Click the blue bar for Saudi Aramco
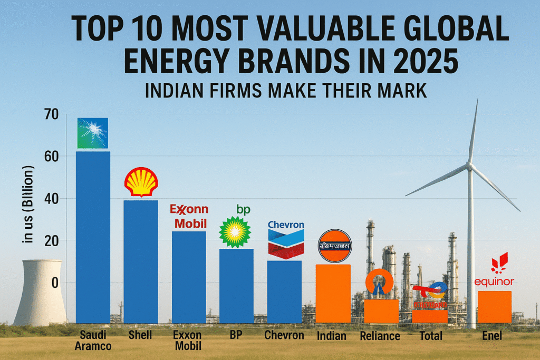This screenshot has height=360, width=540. point(93,237)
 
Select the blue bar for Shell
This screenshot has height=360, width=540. point(141,261)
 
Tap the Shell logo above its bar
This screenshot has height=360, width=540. point(141,183)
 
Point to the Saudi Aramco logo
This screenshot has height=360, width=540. point(93,133)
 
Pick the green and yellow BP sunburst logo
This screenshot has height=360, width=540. point(236,231)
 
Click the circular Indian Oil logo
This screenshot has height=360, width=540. point(334,246)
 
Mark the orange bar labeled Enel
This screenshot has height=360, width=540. point(494,307)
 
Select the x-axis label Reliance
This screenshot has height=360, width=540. point(380,336)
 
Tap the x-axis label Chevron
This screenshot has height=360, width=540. point(284,336)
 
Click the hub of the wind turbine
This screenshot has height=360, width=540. point(468,166)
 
